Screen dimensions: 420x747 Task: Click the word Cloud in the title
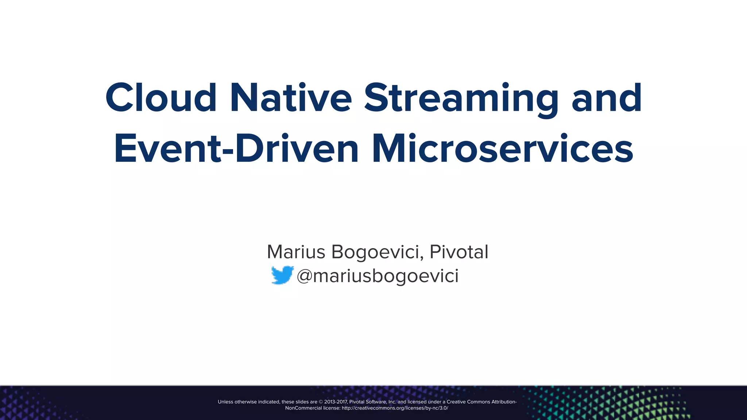pyautogui.click(x=161, y=98)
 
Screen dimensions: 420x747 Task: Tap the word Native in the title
pyautogui.click(x=291, y=98)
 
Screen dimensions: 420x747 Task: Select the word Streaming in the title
pyautogui.click(x=461, y=98)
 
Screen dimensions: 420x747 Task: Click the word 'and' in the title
pyautogui.click(x=607, y=98)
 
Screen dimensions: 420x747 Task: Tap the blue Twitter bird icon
pyautogui.click(x=282, y=275)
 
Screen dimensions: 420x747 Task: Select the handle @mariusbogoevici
pyautogui.click(x=378, y=276)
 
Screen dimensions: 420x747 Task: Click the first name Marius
pyautogui.click(x=296, y=252)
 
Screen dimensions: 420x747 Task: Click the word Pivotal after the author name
pyautogui.click(x=459, y=252)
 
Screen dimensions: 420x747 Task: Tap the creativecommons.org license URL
pyautogui.click(x=395, y=408)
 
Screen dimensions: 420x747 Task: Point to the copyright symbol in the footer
pyautogui.click(x=321, y=402)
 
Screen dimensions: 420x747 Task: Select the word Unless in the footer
pyautogui.click(x=225, y=402)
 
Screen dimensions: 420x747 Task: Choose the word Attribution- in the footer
pyautogui.click(x=504, y=402)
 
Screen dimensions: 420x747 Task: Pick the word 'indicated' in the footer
pyautogui.click(x=269, y=402)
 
